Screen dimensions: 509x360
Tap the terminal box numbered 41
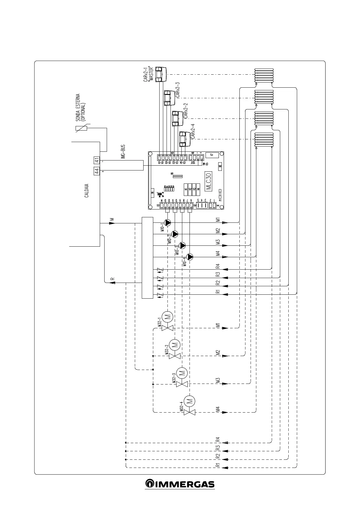[96, 160]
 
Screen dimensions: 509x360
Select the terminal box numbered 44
[96, 171]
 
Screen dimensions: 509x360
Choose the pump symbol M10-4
[190, 257]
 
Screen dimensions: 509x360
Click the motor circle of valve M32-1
[167, 317]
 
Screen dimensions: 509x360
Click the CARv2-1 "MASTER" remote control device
[160, 73]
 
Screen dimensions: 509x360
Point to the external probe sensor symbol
[82, 128]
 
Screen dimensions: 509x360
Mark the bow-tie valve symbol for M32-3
[182, 384]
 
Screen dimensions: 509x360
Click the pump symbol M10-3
[183, 245]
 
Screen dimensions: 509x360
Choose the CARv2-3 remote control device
[168, 98]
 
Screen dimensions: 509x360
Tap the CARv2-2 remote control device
[176, 118]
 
